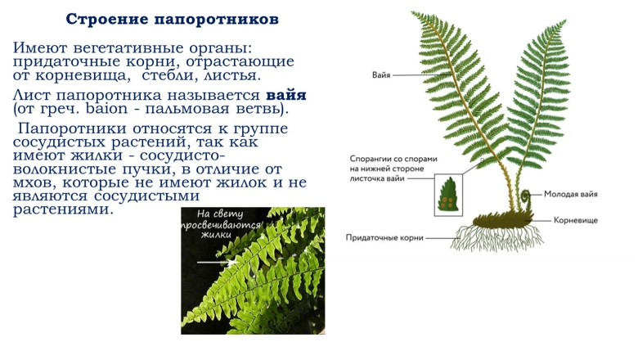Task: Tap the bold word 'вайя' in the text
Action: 286,95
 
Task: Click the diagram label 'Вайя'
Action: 380,74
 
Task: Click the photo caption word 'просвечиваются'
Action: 222,224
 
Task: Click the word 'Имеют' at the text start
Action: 40,48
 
